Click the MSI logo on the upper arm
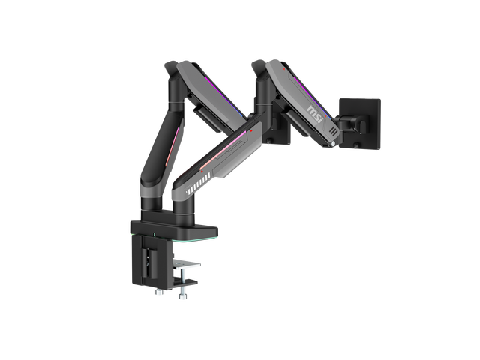tap(315, 113)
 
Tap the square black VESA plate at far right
tap(361, 123)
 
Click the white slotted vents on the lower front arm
tap(198, 183)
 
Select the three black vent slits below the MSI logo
tap(334, 132)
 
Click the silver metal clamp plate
tap(186, 264)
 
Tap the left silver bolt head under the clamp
tap(159, 292)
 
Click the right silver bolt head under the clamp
tap(183, 296)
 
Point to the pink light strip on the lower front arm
tap(223, 151)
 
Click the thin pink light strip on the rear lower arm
tap(172, 147)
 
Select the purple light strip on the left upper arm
tap(225, 95)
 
